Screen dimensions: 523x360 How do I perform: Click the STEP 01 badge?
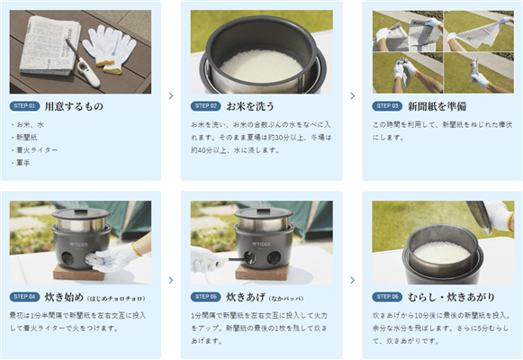click(24, 106)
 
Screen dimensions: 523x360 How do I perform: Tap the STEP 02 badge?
click(206, 106)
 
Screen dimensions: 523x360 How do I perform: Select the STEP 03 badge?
click(387, 106)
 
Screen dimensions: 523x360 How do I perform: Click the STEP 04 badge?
click(24, 297)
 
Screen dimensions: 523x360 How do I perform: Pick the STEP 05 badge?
click(206, 297)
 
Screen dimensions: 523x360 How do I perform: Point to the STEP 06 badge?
click(387, 297)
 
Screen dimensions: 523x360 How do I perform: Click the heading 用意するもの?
click(74, 106)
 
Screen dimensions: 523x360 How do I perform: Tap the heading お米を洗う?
click(250, 106)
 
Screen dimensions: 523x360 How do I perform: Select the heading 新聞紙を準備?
click(437, 106)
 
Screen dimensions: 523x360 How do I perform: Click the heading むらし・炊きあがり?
click(451, 297)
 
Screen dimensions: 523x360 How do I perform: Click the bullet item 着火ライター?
click(37, 150)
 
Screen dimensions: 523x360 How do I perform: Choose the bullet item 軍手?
click(23, 163)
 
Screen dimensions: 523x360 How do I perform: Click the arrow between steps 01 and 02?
click(171, 96)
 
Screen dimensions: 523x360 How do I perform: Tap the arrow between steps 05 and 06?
click(353, 280)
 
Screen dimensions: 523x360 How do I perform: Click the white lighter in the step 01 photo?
click(85, 66)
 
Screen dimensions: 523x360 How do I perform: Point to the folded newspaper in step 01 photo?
click(50, 45)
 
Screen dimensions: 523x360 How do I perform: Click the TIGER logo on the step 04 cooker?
click(79, 244)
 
